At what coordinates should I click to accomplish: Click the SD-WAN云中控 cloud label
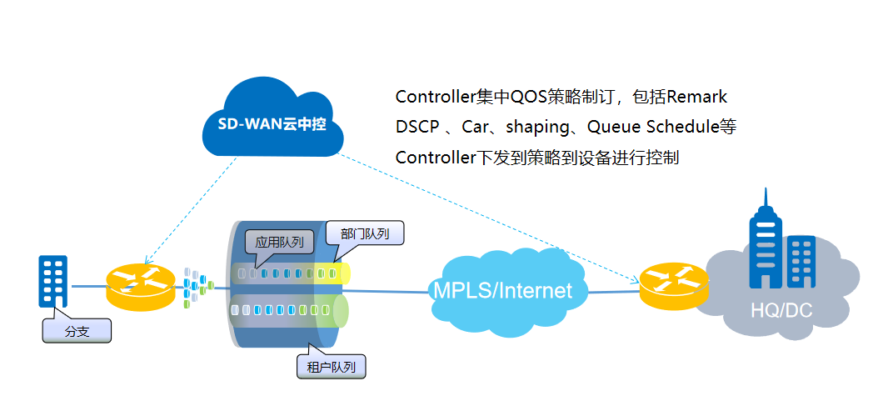click(x=276, y=127)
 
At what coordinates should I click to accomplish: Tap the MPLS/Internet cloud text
click(x=502, y=290)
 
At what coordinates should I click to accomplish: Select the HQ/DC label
click(x=780, y=311)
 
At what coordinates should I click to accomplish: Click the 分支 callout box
click(x=76, y=331)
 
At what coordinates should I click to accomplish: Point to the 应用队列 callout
click(x=279, y=243)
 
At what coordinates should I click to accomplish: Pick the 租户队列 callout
click(x=331, y=365)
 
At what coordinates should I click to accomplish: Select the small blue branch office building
click(x=53, y=282)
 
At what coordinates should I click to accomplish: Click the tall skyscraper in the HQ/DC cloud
click(x=765, y=242)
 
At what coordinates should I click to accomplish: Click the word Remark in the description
click(x=698, y=97)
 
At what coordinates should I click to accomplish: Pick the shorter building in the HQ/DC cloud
click(x=801, y=262)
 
